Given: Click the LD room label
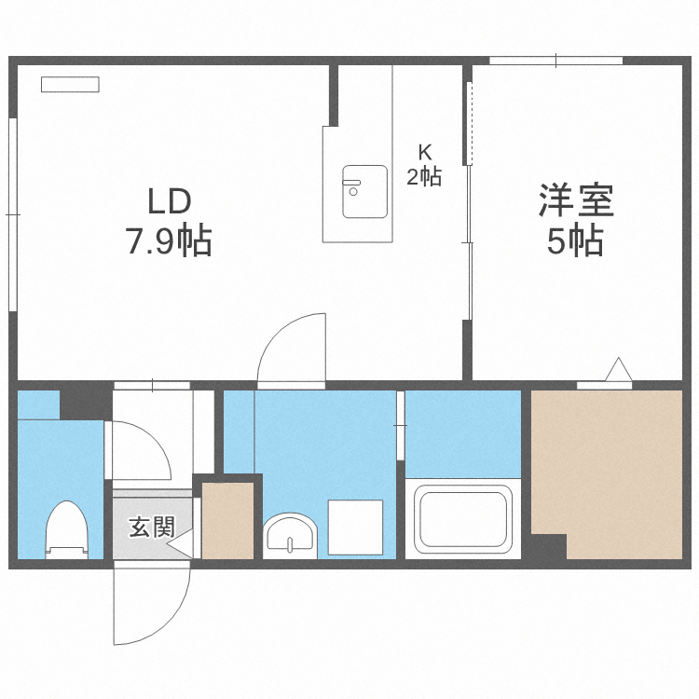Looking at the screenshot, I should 169,200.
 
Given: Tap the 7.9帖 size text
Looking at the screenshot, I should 169,242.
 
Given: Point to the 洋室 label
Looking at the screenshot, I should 575,200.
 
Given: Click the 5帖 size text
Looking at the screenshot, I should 575,242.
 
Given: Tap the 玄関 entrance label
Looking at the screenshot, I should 151,528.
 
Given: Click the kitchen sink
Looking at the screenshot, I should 364,191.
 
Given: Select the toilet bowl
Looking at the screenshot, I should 66,529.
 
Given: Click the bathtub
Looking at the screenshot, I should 462,519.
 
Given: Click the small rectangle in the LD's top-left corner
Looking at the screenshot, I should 70,85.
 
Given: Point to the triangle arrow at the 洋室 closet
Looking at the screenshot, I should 618,370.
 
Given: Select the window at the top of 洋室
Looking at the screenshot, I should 555,62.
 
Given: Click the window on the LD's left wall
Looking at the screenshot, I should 13,213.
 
